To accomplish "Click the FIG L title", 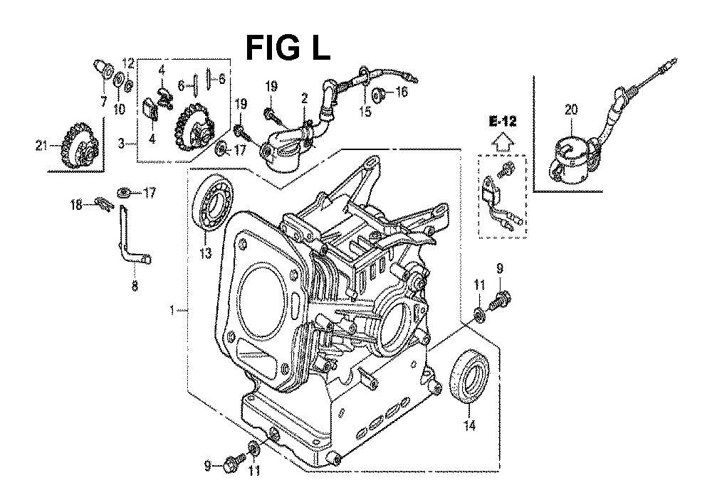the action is click(288, 48).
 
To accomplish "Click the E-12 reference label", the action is click(503, 121).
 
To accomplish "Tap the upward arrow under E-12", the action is click(503, 142).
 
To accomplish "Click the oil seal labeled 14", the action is click(470, 375).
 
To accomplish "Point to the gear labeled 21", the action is click(80, 146).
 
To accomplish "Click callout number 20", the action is click(571, 110).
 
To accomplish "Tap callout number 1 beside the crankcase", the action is click(172, 310).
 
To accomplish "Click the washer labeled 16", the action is click(376, 95).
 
